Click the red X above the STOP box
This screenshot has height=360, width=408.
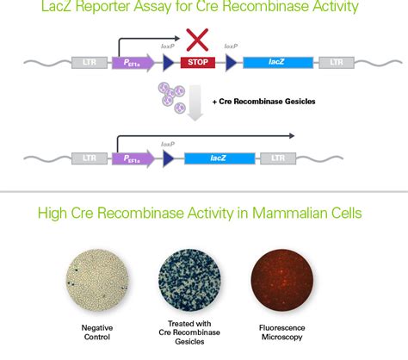195,39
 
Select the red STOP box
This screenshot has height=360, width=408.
197,63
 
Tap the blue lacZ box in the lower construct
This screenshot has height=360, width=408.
219,158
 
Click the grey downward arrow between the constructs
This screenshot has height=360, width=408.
197,108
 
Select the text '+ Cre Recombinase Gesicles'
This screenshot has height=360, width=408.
268,102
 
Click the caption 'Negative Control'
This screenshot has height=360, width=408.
98,332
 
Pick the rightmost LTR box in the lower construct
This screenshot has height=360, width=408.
278,158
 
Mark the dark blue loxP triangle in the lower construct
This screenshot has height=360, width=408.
169,158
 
